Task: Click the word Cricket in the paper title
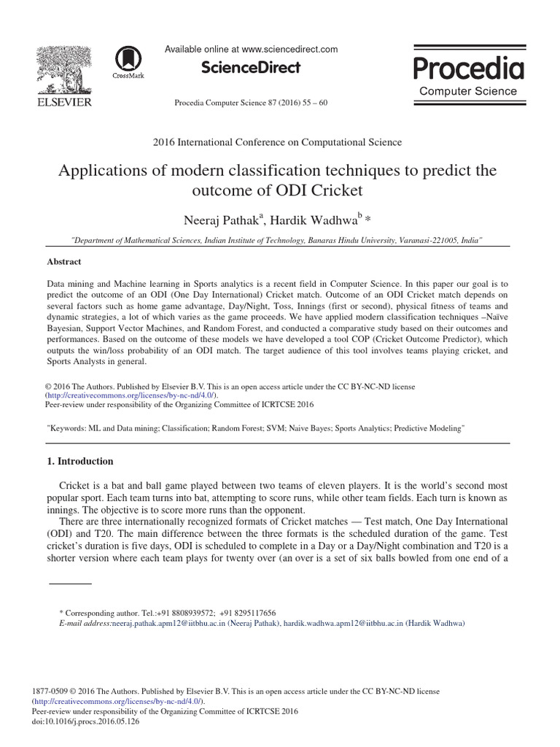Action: tap(332, 191)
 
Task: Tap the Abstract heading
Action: tap(64, 262)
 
